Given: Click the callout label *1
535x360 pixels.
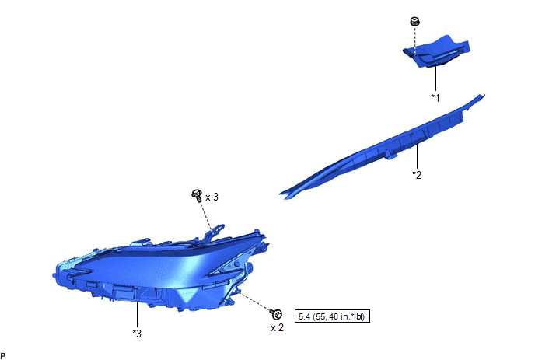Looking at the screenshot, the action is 435,98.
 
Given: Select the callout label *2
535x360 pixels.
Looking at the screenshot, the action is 417,175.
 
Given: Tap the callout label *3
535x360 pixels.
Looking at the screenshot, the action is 137,334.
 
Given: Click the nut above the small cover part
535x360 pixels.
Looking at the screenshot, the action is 415,22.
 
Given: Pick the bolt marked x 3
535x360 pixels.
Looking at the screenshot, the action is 198,196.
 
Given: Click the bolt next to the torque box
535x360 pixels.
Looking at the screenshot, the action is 276,314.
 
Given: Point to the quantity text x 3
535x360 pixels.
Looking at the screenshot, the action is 212,197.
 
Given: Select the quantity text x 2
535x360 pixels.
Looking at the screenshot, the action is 277,328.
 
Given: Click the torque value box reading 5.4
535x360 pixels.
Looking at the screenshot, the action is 332,316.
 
